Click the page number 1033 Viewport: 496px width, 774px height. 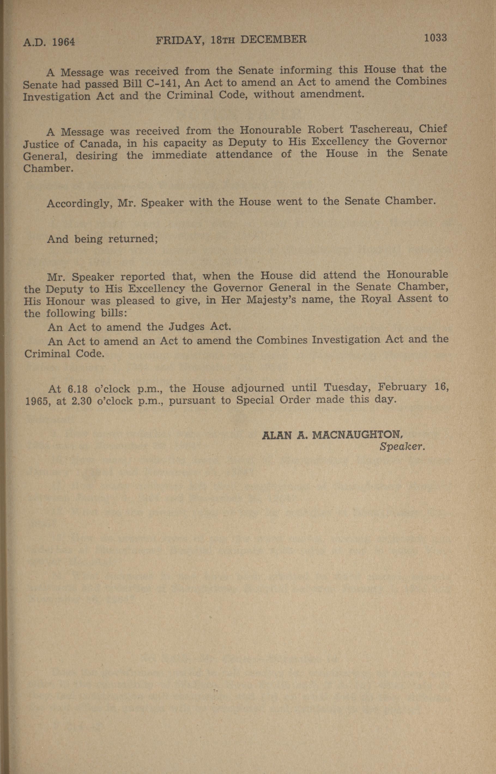435,38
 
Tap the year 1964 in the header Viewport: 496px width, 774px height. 63,42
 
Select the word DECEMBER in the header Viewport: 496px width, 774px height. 273,40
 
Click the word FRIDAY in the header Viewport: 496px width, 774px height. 179,41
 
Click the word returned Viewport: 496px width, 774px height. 133,239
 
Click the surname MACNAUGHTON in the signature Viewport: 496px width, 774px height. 358,435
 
